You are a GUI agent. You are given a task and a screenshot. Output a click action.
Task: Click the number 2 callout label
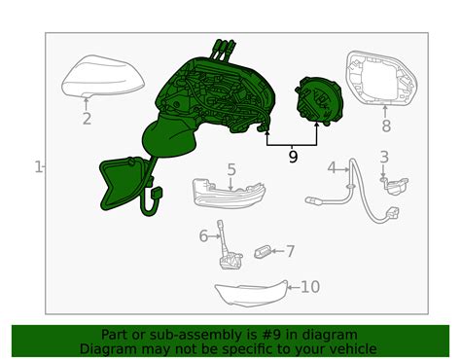pos(87,119)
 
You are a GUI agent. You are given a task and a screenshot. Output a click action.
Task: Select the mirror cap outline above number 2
pos(103,76)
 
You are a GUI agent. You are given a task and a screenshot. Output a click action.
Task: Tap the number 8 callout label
pos(386,126)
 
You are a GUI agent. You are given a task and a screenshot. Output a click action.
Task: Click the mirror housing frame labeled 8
pos(381,79)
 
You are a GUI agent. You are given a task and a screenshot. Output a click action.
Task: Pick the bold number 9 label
pos(293,157)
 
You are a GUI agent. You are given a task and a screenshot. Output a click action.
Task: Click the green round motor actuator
pos(319,101)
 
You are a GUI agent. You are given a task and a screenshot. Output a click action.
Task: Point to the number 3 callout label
pos(384,157)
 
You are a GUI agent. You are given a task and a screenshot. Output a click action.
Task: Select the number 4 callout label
pos(332,168)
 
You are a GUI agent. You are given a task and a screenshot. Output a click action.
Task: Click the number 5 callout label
pos(231,169)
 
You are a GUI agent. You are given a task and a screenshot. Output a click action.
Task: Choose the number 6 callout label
pos(203,235)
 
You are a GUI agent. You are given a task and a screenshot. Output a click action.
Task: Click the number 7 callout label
pos(290,251)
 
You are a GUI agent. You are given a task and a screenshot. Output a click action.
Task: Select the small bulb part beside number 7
pos(262,252)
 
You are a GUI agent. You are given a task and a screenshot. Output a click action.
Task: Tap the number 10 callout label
pos(310,287)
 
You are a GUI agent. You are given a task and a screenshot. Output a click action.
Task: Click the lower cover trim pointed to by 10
pos(252,293)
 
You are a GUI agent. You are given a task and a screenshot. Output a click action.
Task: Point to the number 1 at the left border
pos(38,167)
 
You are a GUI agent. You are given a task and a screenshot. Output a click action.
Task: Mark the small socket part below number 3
pos(394,186)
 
